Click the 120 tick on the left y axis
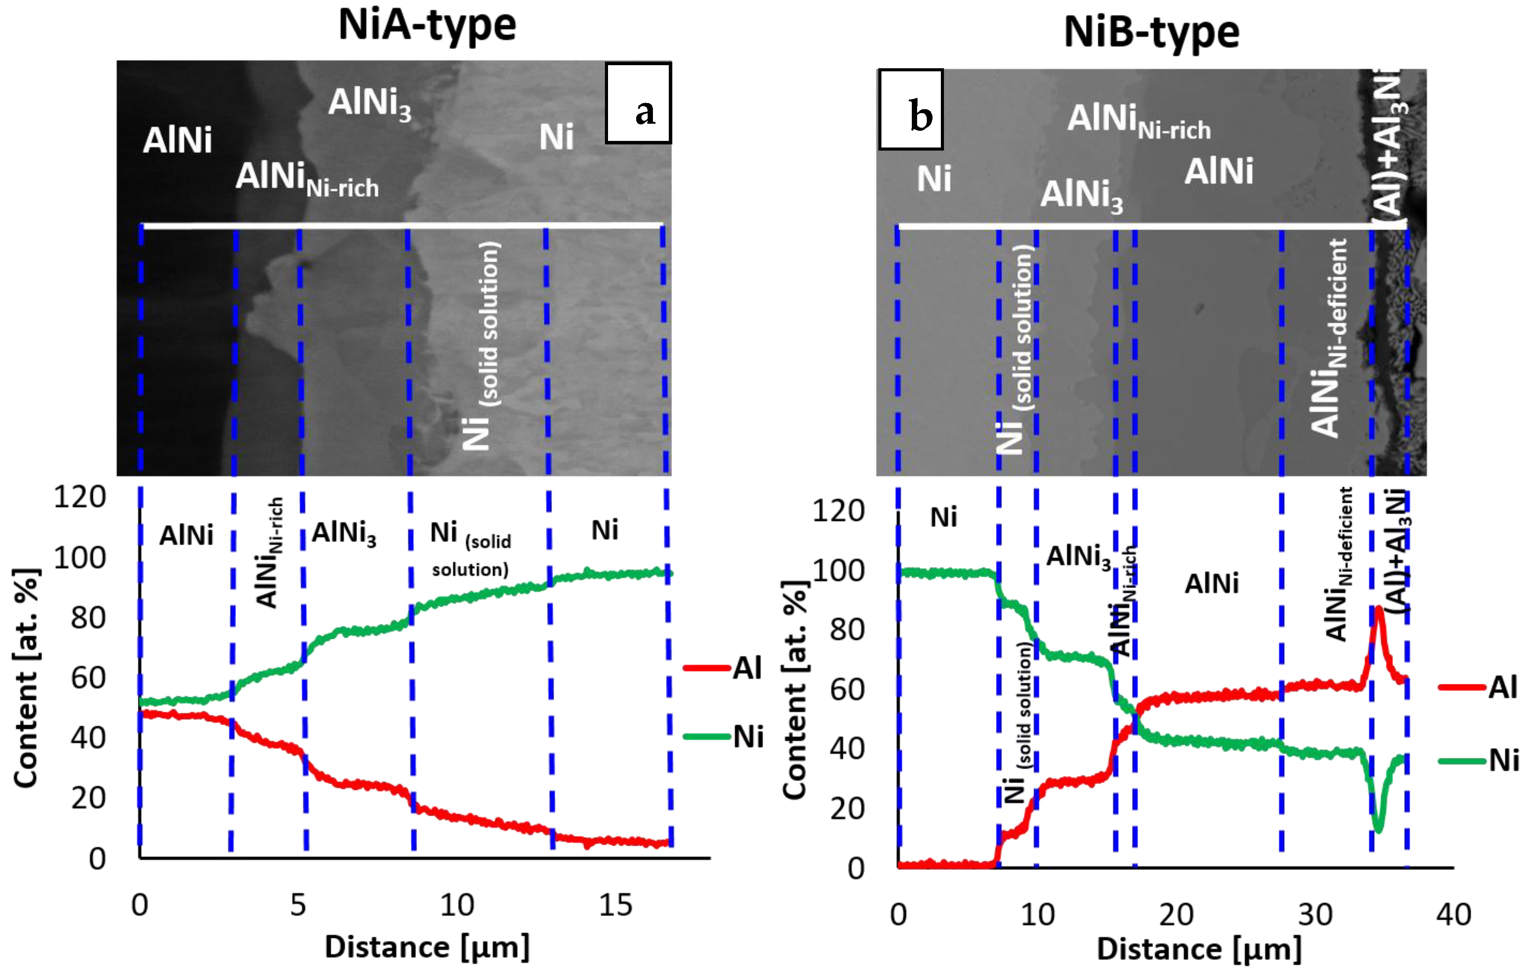tap(80, 498)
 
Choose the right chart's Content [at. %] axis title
tap(795, 690)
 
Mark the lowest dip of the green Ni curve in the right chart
tap(1378, 830)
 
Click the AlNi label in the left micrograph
tap(177, 140)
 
